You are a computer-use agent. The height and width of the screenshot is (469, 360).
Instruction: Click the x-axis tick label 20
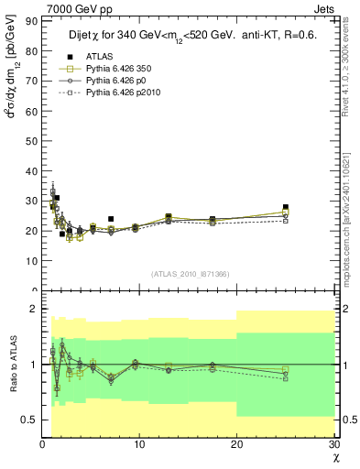[236, 445]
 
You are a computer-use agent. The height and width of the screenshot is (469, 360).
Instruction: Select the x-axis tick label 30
[333, 445]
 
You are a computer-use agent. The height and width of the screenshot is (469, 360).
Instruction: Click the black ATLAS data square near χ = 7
[111, 219]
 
